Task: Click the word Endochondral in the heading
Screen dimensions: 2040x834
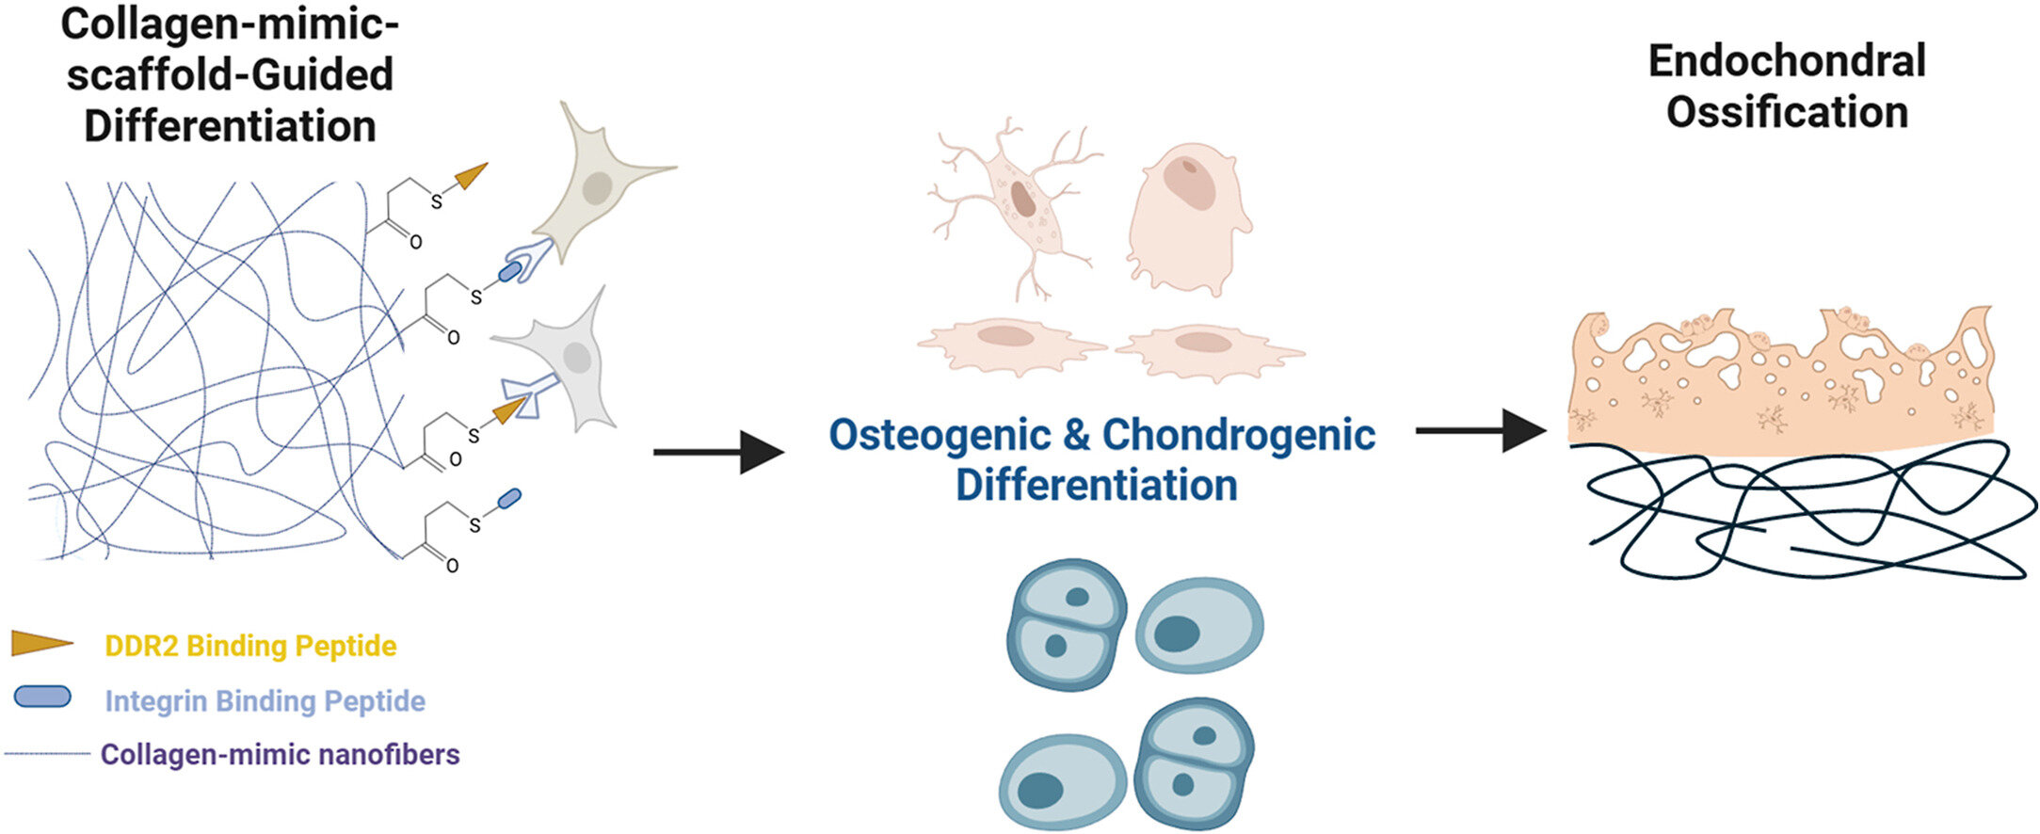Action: click(x=1787, y=61)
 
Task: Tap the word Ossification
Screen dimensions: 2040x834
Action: click(x=1787, y=112)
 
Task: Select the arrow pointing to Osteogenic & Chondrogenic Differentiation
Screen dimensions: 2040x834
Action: click(x=719, y=452)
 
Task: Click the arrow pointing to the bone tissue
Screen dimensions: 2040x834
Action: click(x=1482, y=431)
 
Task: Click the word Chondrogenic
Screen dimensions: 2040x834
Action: click(x=1239, y=435)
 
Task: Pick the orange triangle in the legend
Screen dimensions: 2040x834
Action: click(x=41, y=644)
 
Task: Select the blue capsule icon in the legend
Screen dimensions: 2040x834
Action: click(x=42, y=698)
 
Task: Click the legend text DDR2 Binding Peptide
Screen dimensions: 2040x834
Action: click(x=250, y=646)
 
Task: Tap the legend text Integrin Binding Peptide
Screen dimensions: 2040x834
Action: click(x=265, y=700)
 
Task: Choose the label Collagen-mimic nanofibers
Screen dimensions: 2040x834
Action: click(x=280, y=754)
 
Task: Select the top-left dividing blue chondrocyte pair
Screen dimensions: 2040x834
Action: click(x=1067, y=625)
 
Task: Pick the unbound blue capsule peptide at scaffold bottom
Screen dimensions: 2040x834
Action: click(x=508, y=499)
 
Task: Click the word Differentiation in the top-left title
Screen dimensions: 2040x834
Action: click(x=230, y=125)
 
